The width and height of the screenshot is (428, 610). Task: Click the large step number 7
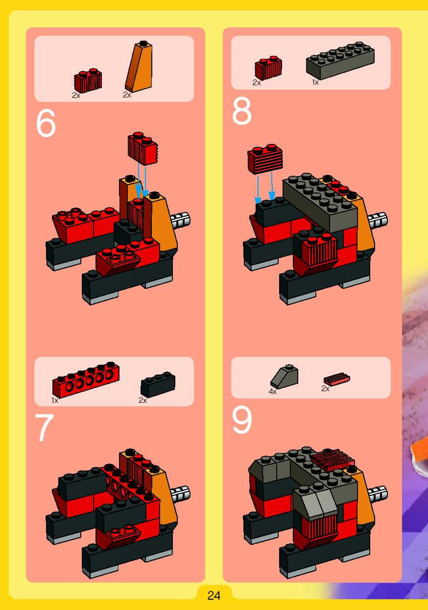(45, 427)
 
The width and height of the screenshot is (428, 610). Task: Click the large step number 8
(241, 111)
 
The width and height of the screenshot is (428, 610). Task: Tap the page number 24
(214, 596)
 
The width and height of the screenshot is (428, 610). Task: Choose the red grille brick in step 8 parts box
(268, 68)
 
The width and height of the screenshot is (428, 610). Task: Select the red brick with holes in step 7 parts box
(86, 380)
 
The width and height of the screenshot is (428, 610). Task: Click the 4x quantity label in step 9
(273, 391)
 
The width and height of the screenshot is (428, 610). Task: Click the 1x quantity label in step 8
(315, 83)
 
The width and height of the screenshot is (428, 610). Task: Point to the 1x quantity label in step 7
(55, 400)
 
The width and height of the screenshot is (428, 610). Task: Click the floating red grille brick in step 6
(143, 148)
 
